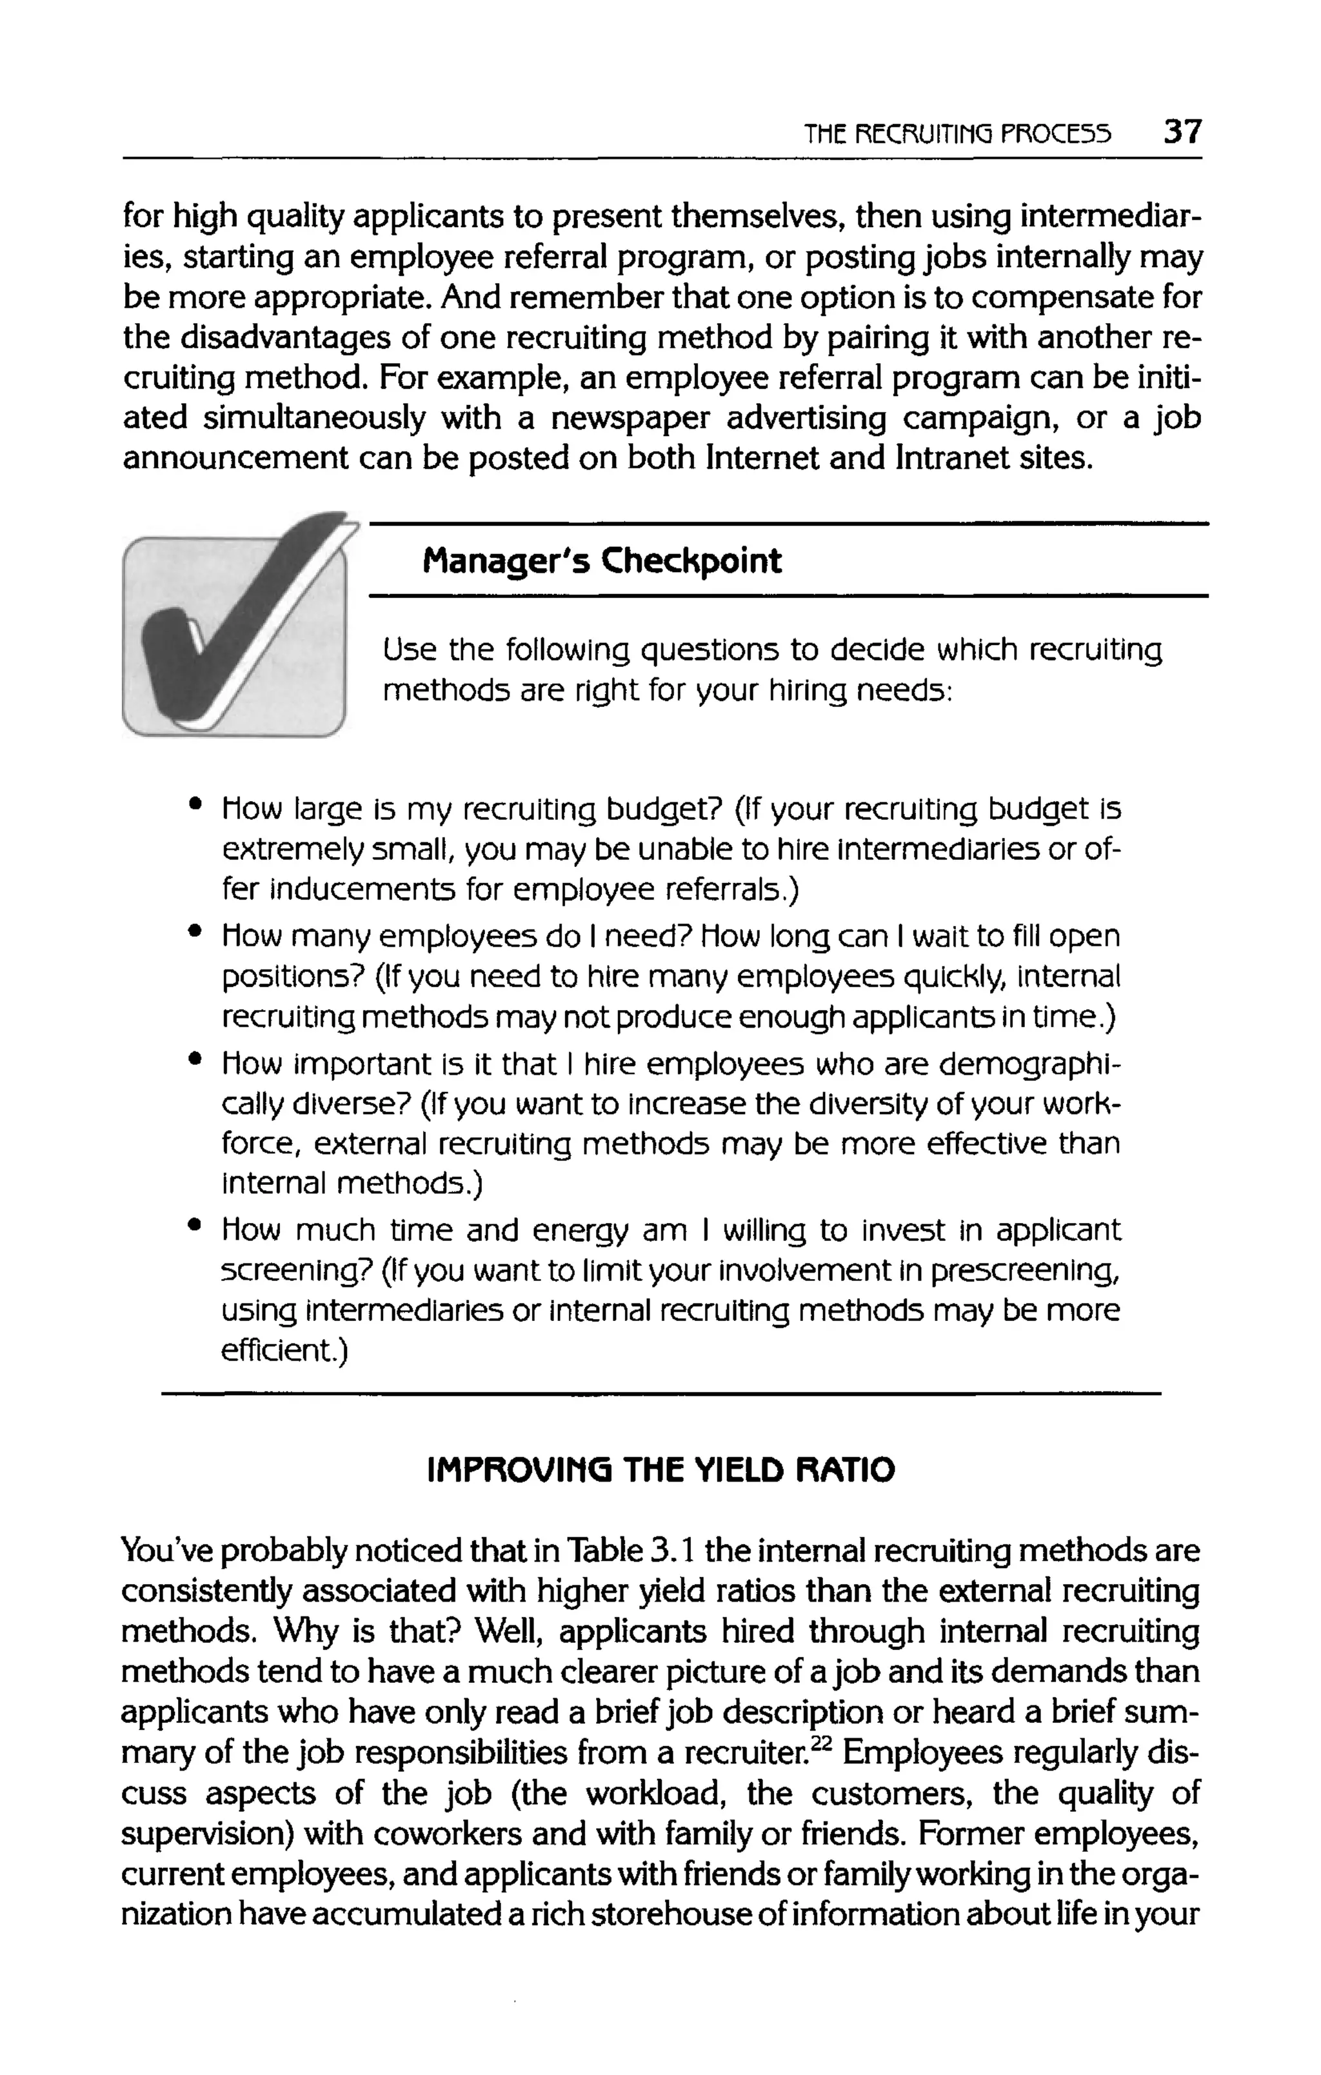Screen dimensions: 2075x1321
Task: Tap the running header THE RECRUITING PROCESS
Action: (957, 134)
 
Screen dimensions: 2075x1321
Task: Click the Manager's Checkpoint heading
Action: (601, 561)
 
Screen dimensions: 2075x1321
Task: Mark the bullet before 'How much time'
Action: (197, 1224)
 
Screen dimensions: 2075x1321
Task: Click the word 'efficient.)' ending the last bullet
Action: (284, 1350)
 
